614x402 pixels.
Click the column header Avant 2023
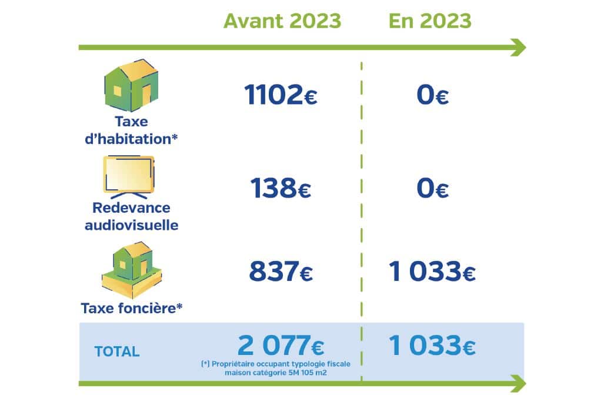pyautogui.click(x=282, y=21)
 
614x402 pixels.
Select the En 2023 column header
pyautogui.click(x=430, y=21)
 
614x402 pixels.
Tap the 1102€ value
pyautogui.click(x=281, y=95)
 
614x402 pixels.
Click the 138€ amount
pyautogui.click(x=281, y=188)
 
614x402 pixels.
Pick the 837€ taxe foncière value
pyautogui.click(x=281, y=272)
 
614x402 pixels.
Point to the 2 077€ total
pyautogui.click(x=281, y=345)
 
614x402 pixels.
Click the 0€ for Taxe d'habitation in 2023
pyautogui.click(x=432, y=95)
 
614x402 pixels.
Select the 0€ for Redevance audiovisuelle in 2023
pyautogui.click(x=432, y=188)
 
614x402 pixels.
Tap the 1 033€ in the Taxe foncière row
pyautogui.click(x=432, y=272)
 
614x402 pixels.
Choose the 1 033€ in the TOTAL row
pyautogui.click(x=432, y=345)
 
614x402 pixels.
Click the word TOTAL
pyautogui.click(x=116, y=351)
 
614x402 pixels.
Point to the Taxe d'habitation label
pyautogui.click(x=131, y=130)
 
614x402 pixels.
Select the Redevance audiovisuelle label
pyautogui.click(x=131, y=216)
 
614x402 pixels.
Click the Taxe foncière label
pyautogui.click(x=132, y=309)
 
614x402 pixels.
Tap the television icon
pyautogui.click(x=129, y=177)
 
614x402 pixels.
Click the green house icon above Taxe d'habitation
pyautogui.click(x=132, y=85)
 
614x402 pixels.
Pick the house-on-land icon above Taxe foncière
pyautogui.click(x=132, y=270)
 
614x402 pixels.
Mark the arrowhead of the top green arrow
pyautogui.click(x=519, y=48)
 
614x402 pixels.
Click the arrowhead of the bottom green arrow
pyautogui.click(x=519, y=384)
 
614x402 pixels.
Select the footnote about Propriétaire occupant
pyautogui.click(x=276, y=369)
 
